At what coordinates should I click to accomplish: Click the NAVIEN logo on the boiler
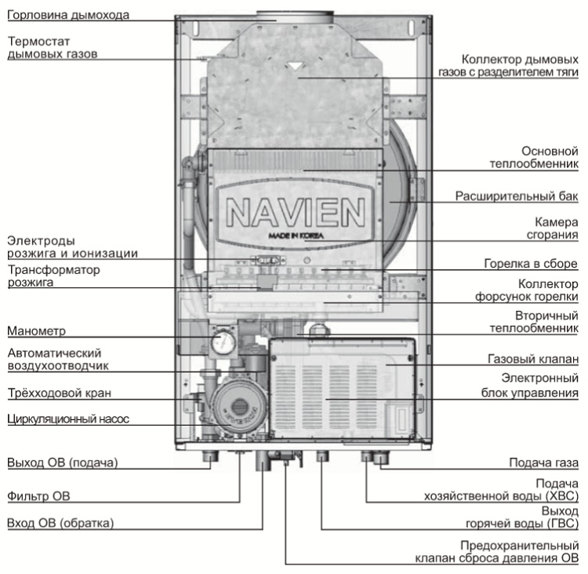pos(296,212)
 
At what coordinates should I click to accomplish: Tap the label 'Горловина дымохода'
pos(68,15)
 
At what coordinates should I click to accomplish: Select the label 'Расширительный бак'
pos(517,196)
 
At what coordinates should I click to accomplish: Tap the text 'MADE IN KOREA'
pos(296,235)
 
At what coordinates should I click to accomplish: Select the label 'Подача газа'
pos(542,462)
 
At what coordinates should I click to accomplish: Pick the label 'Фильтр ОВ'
pos(38,496)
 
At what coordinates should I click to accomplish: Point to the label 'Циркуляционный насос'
pos(68,419)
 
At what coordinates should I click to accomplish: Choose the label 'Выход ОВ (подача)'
pos(63,462)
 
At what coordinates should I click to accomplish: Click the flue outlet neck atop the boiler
pos(295,13)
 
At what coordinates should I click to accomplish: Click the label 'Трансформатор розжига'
pos(54,276)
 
